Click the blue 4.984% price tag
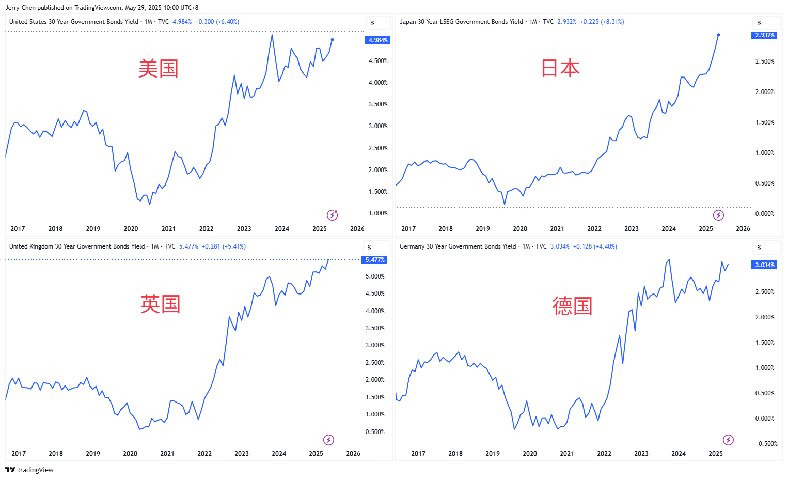pyautogui.click(x=377, y=40)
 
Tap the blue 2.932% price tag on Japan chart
pyautogui.click(x=764, y=35)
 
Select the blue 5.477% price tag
pyautogui.click(x=374, y=260)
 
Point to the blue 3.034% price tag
pyautogui.click(x=764, y=265)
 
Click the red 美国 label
pyautogui.click(x=158, y=69)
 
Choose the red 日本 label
pyautogui.click(x=560, y=68)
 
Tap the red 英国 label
pyautogui.click(x=160, y=304)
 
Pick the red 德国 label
pyautogui.click(x=572, y=306)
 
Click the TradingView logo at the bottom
pyautogui.click(x=29, y=470)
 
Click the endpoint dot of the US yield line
pyautogui.click(x=332, y=40)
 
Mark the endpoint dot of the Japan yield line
pyautogui.click(x=718, y=35)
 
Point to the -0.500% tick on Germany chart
pyautogui.click(x=766, y=444)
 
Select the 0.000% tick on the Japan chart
pyautogui.click(x=764, y=214)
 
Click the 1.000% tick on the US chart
pyautogui.click(x=378, y=213)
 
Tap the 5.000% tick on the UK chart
pyautogui.click(x=375, y=276)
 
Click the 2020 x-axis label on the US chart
pyautogui.click(x=131, y=229)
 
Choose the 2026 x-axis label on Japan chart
pyautogui.click(x=743, y=229)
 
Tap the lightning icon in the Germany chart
pyautogui.click(x=728, y=440)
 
